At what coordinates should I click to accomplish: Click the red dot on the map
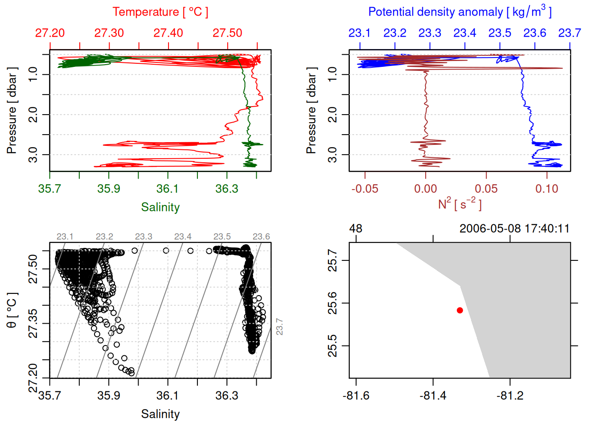460,310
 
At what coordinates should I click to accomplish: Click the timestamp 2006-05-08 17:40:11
514,229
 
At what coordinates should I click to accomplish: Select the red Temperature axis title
160,12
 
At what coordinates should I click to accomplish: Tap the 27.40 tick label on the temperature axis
168,33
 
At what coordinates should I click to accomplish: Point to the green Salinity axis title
160,207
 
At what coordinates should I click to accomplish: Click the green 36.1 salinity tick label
168,189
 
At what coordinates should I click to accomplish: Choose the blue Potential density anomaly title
460,12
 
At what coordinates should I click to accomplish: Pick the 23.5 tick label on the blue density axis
500,33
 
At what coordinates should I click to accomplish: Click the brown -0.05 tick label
365,189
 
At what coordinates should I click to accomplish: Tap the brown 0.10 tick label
547,189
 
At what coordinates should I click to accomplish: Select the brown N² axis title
460,204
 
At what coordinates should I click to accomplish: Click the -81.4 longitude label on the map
433,395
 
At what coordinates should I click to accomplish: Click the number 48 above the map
356,229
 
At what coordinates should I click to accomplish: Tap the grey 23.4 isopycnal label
183,237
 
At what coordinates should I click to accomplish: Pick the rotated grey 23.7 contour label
279,327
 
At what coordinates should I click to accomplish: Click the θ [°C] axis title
12,310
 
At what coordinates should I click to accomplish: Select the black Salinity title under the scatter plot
160,414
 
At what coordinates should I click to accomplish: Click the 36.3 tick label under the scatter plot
227,395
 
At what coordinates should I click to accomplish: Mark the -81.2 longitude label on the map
510,395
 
